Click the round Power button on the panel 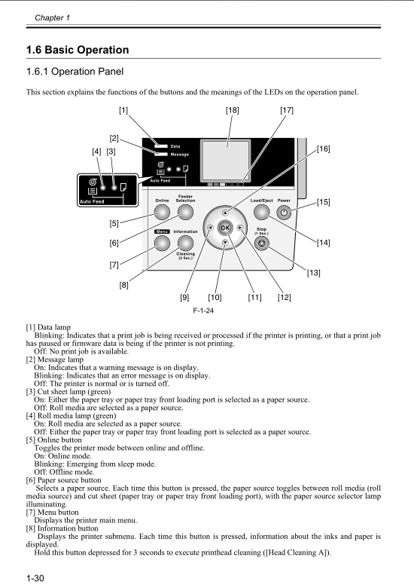283,213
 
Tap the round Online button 162,213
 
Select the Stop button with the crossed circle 261,244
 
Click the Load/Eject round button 261,213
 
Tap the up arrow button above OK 225,213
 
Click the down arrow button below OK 225,242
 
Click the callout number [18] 233,111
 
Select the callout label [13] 313,272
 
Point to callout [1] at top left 123,111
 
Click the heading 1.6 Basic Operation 78,51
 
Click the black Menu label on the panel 161,231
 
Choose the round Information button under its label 185,243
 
